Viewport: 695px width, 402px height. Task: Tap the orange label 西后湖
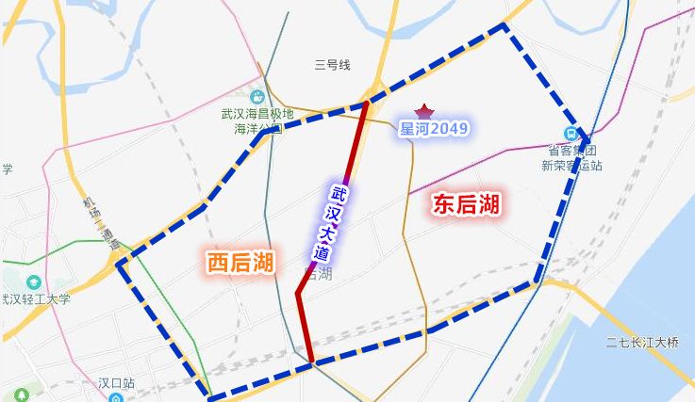240,263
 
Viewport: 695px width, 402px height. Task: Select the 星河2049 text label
434,129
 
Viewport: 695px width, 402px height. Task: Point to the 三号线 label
332,65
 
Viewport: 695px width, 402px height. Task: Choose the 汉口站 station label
117,383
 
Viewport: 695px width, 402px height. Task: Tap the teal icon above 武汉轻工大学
34,281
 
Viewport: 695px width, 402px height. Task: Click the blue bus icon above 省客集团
571,134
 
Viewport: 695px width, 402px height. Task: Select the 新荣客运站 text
571,165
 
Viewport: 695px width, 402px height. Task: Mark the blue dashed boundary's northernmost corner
505,25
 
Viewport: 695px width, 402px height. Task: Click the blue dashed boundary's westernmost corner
119,264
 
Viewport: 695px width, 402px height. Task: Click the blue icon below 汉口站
115,398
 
